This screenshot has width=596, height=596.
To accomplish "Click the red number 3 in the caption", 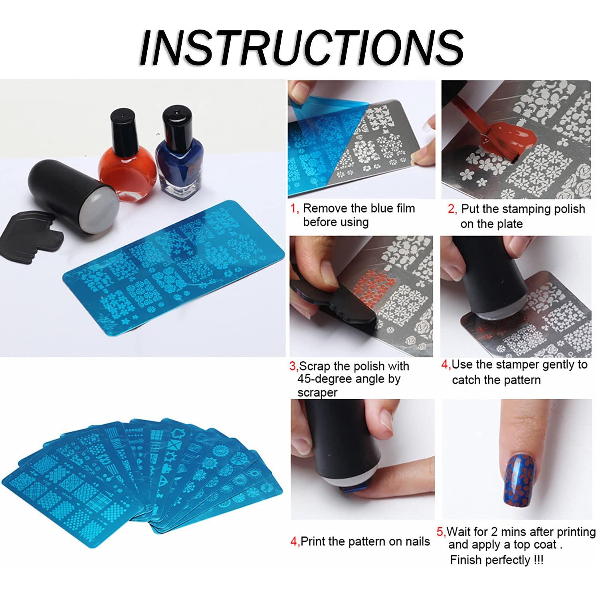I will pos(293,366).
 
